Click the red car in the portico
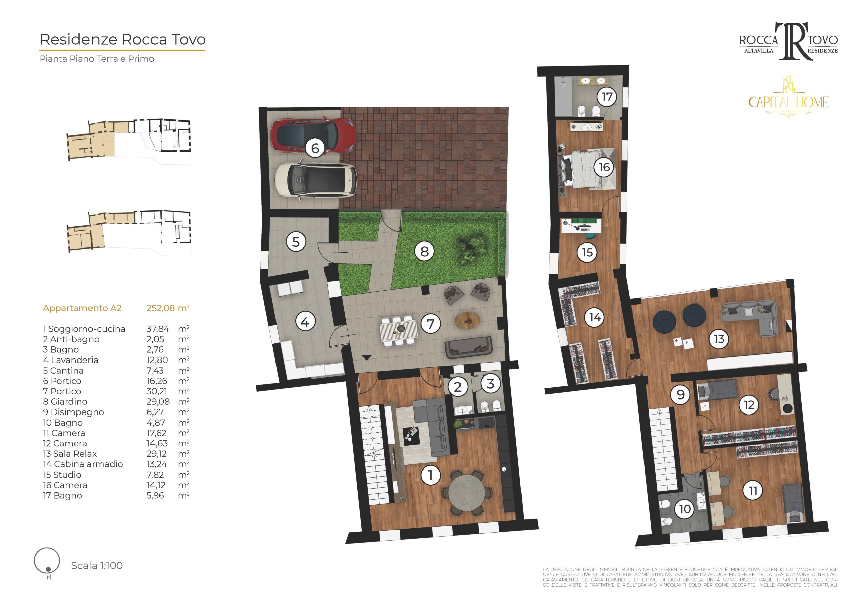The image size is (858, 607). [x=312, y=135]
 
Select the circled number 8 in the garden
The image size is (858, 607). [x=424, y=251]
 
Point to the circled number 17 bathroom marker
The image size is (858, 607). [x=607, y=97]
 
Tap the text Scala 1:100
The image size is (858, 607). [x=97, y=565]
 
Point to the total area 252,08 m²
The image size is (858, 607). [x=168, y=308]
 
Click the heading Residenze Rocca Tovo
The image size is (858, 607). [x=123, y=39]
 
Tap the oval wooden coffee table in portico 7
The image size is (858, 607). [x=468, y=320]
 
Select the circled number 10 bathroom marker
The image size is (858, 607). [x=685, y=509]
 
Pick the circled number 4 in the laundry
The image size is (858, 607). [x=305, y=322]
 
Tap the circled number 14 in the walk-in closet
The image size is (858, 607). [x=595, y=317]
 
